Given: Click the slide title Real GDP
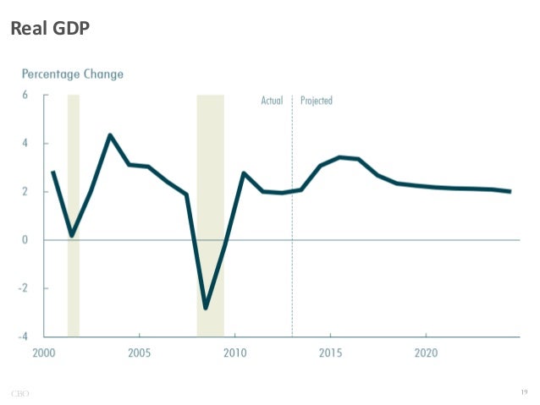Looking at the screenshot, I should pos(49,28).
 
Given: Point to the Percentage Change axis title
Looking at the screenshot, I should pos(73,74).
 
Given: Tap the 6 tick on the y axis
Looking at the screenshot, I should pos(25,96).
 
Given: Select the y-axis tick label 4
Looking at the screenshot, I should pos(25,144).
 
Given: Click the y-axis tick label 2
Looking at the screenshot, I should pos(25,192).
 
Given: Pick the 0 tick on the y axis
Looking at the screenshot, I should pos(25,240).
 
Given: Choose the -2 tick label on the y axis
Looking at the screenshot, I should pos(24,288).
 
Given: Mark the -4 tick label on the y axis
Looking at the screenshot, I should pos(24,337).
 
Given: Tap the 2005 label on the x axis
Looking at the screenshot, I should pos(139,352).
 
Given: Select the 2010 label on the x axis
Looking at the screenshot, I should pos(234,352).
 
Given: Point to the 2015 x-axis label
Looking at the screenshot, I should pos(330,352).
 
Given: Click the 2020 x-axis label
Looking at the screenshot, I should pos(426,352).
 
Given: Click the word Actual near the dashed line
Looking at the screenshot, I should pos(271,101).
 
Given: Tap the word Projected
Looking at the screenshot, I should pos(317,101).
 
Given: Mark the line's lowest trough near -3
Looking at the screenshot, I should pos(205,308).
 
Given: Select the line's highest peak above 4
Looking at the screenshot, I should pos(110,135).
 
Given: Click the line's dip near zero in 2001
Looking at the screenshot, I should pos(72,235).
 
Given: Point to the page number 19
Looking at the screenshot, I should pos(525,391).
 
